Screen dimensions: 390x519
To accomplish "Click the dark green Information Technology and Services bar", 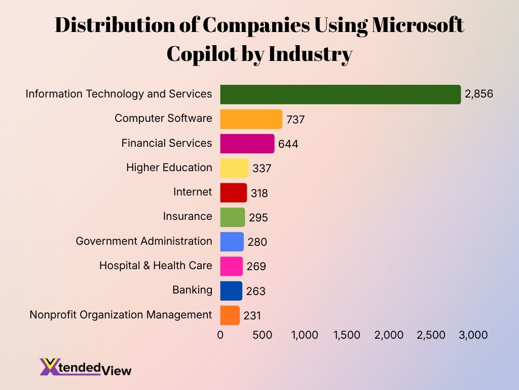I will point(340,94).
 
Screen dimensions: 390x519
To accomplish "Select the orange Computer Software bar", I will point(251,119).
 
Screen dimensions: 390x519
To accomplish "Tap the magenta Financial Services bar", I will point(247,144).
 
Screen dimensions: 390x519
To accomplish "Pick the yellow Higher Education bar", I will point(234,168).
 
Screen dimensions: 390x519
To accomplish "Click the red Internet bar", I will point(233,193).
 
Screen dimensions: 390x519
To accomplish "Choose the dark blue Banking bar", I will point(231,291).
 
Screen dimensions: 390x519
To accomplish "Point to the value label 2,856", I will point(479,94).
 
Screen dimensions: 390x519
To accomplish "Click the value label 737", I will point(295,119).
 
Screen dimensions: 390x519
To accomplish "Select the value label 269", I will point(256,267).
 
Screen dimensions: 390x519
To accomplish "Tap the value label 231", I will point(252,316).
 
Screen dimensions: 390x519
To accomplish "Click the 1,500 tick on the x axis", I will point(347,335).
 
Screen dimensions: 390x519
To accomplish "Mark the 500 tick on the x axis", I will point(263,335).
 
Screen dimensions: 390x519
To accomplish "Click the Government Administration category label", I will point(144,241).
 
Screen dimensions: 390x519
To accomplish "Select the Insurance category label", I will point(188,216).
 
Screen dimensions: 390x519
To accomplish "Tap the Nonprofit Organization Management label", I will point(121,315).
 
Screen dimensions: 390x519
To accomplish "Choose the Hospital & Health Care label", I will point(156,266).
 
